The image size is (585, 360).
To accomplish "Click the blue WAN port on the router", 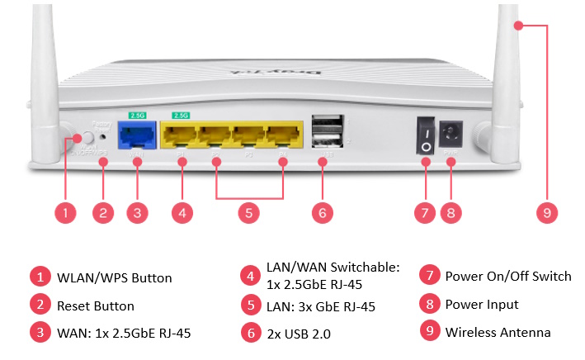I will pyautogui.click(x=137, y=134).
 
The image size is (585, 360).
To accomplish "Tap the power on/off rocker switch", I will pyautogui.click(x=426, y=136).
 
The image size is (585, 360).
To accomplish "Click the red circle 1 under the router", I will pyautogui.click(x=67, y=212).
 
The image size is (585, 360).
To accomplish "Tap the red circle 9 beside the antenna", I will pyautogui.click(x=545, y=212).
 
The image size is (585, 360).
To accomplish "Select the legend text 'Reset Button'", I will pyautogui.click(x=95, y=306).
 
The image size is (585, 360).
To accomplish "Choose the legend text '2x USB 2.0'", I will pyautogui.click(x=303, y=334).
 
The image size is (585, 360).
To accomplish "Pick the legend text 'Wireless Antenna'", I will pyautogui.click(x=498, y=332).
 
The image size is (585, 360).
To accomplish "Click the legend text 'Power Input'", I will pyautogui.click(x=482, y=304).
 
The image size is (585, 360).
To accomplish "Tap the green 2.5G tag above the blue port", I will pyautogui.click(x=137, y=115).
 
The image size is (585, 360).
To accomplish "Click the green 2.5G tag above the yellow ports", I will pyautogui.click(x=180, y=115).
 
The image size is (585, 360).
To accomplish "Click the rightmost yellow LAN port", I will pyautogui.click(x=283, y=135).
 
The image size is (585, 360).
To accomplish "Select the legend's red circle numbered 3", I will pyautogui.click(x=39, y=334).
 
